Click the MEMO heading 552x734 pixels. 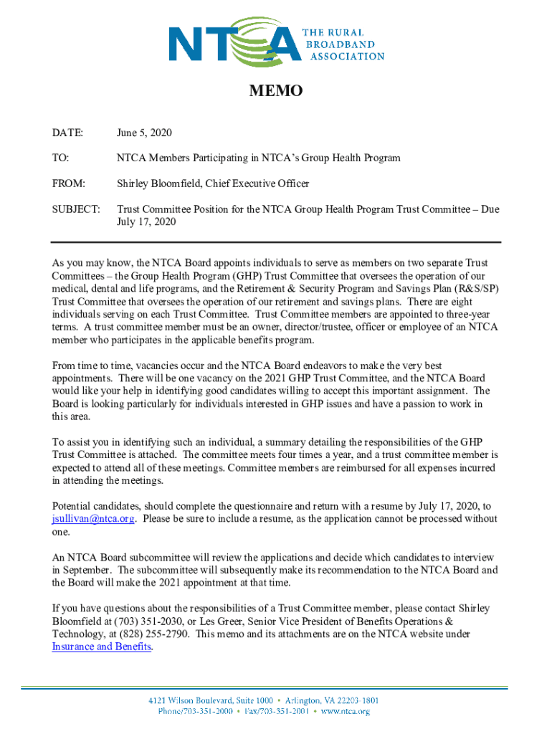[276, 91]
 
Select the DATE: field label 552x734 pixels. [67, 133]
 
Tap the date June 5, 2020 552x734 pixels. [145, 133]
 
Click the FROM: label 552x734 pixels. [68, 183]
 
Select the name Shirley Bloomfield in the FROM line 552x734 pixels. [158, 183]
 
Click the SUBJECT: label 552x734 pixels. [75, 209]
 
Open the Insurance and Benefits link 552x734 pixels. [102, 647]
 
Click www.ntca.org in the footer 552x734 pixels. [345, 712]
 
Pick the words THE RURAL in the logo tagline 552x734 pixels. [336, 33]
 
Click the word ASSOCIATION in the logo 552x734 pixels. [347, 56]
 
